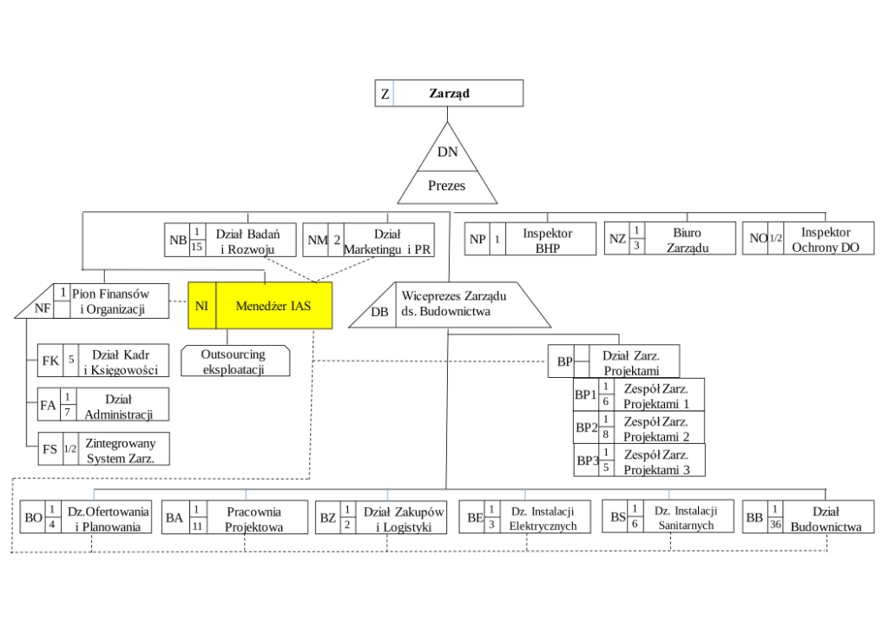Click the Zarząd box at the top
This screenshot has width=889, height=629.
[x=449, y=93]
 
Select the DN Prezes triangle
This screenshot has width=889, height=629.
[x=447, y=170]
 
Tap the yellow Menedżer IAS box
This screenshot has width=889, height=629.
[x=260, y=306]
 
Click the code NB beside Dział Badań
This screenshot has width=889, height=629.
[x=178, y=241]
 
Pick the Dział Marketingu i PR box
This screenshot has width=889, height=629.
[x=369, y=241]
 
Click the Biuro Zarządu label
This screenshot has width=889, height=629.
[x=687, y=240]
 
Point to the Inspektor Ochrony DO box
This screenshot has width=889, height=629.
[x=808, y=239]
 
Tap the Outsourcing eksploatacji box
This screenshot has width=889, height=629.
[x=234, y=361]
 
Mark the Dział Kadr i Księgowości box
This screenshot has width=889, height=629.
[x=103, y=363]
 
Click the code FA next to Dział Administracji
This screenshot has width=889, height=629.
[x=49, y=405]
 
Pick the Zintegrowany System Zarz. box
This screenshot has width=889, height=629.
[x=103, y=449]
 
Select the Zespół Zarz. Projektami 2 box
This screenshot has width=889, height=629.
[x=639, y=428]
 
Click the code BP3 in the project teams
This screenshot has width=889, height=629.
[x=588, y=460]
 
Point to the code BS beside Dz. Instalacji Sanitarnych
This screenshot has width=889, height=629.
[x=618, y=518]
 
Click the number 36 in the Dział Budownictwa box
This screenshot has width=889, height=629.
[x=775, y=524]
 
